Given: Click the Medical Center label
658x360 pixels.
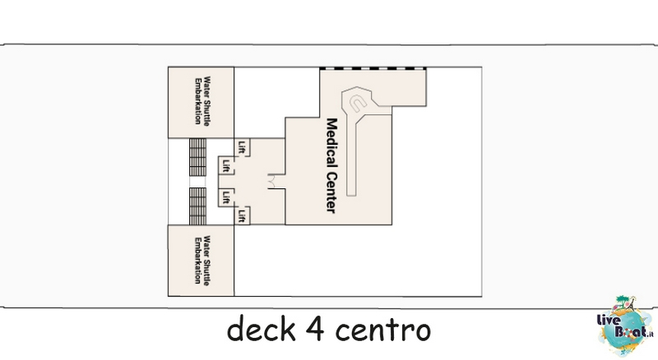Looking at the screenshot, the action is click(x=331, y=166).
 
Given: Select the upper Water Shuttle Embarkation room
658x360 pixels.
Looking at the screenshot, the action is click(x=201, y=103).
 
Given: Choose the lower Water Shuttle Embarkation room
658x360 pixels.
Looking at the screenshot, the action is click(x=201, y=261).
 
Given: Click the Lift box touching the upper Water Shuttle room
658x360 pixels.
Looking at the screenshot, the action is click(x=242, y=147).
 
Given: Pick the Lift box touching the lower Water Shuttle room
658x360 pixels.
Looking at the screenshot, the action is click(x=242, y=215).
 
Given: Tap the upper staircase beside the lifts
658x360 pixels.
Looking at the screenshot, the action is click(x=197, y=157).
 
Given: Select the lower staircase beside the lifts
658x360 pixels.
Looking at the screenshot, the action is click(x=197, y=206).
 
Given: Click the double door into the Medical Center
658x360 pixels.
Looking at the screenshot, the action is click(x=272, y=182).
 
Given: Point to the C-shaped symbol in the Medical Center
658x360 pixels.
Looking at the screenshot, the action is click(x=358, y=103).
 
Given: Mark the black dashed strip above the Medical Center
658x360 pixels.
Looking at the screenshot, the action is click(x=373, y=68).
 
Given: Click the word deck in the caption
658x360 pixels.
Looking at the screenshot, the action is click(x=261, y=329).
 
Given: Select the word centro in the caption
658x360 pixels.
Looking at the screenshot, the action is click(x=382, y=330).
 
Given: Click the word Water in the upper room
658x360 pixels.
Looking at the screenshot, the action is click(x=206, y=87).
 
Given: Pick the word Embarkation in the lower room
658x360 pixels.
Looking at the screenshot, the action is click(x=197, y=261).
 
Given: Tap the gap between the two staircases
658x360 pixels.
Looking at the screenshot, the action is click(x=197, y=182).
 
